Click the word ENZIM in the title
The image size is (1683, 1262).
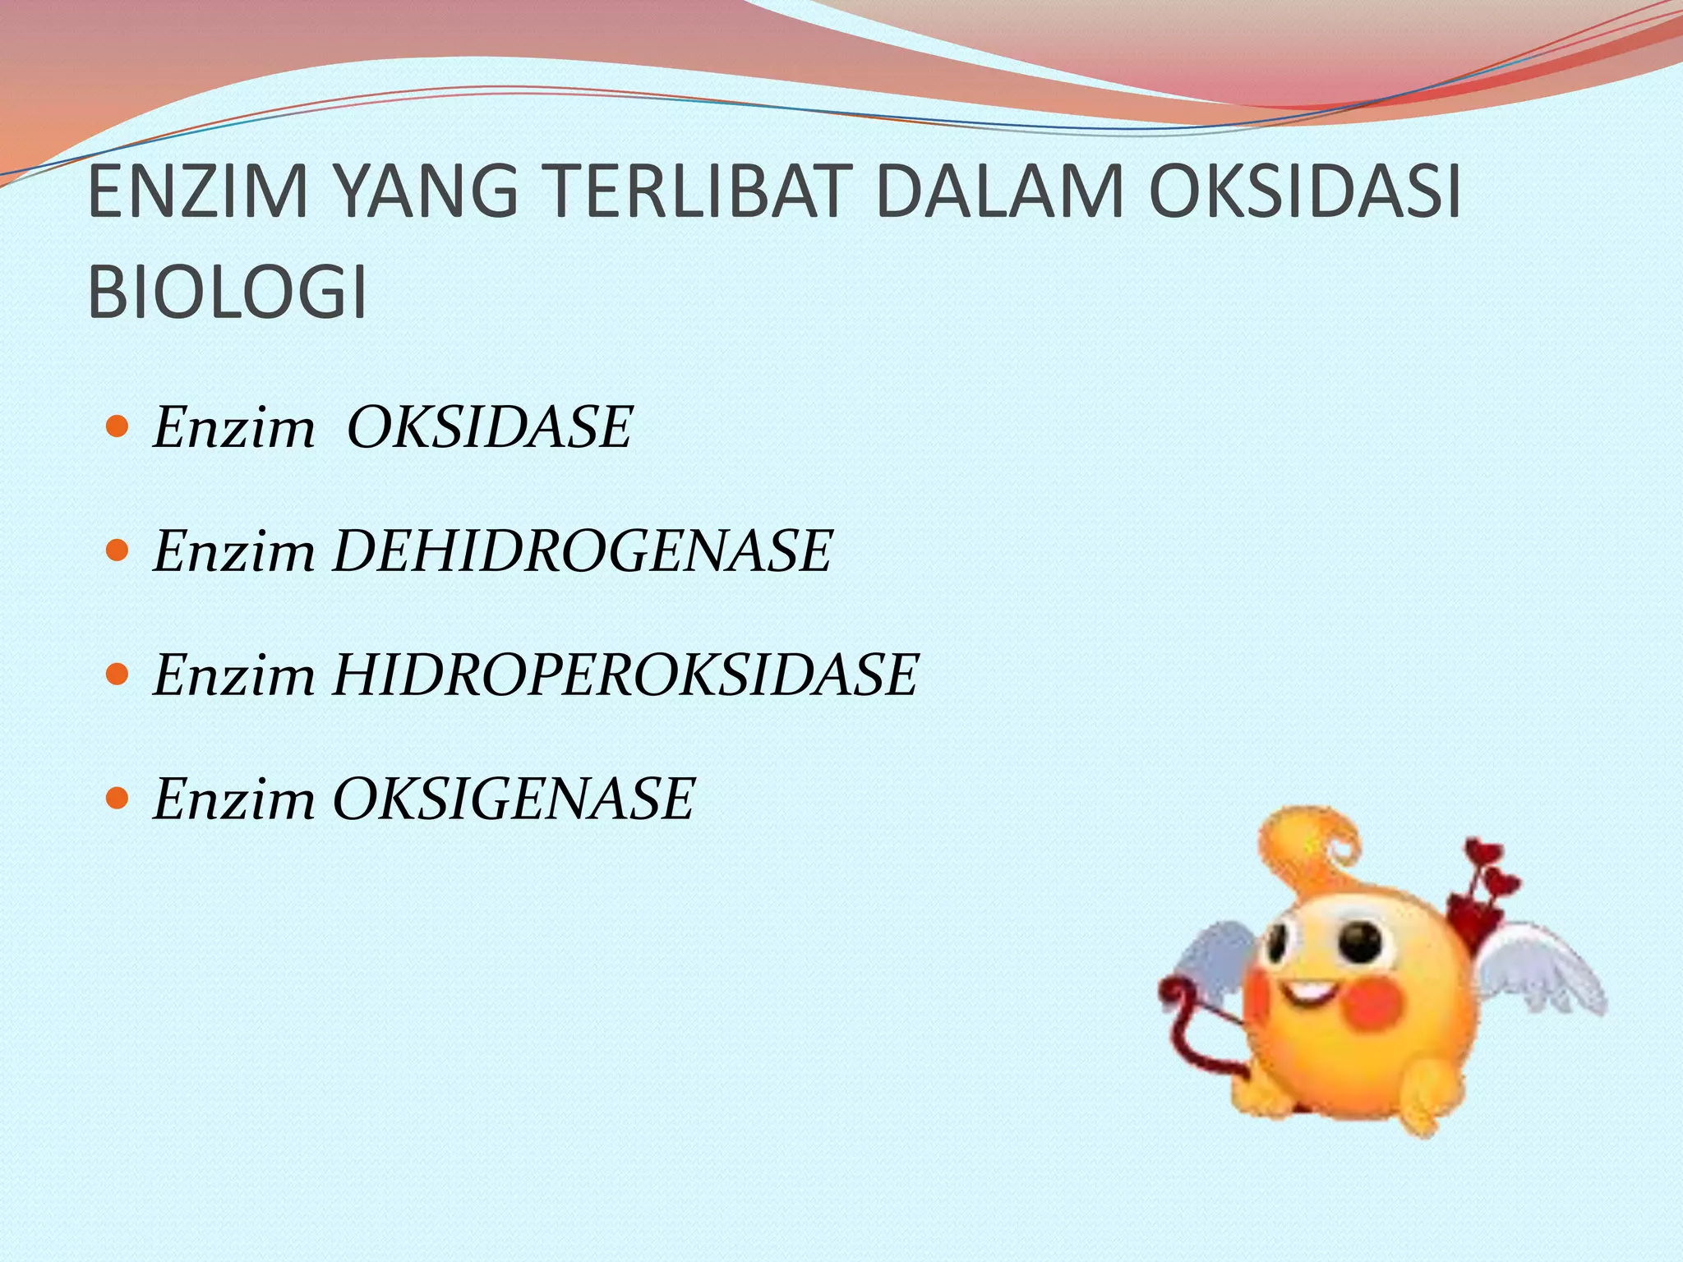click(x=197, y=193)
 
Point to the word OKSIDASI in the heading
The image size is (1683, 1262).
click(x=1305, y=193)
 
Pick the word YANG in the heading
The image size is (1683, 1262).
click(x=428, y=193)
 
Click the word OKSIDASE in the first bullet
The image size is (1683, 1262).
click(x=489, y=428)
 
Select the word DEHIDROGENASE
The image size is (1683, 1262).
click(x=583, y=551)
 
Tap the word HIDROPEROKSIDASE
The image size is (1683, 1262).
click(x=625, y=675)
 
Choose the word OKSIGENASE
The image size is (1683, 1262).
click(x=514, y=799)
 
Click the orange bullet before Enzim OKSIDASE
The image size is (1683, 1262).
click(x=118, y=427)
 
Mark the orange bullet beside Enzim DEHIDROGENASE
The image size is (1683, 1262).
click(x=118, y=550)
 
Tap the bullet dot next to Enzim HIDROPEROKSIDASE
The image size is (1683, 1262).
click(x=118, y=675)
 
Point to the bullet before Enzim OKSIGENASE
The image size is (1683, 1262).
click(x=118, y=798)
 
